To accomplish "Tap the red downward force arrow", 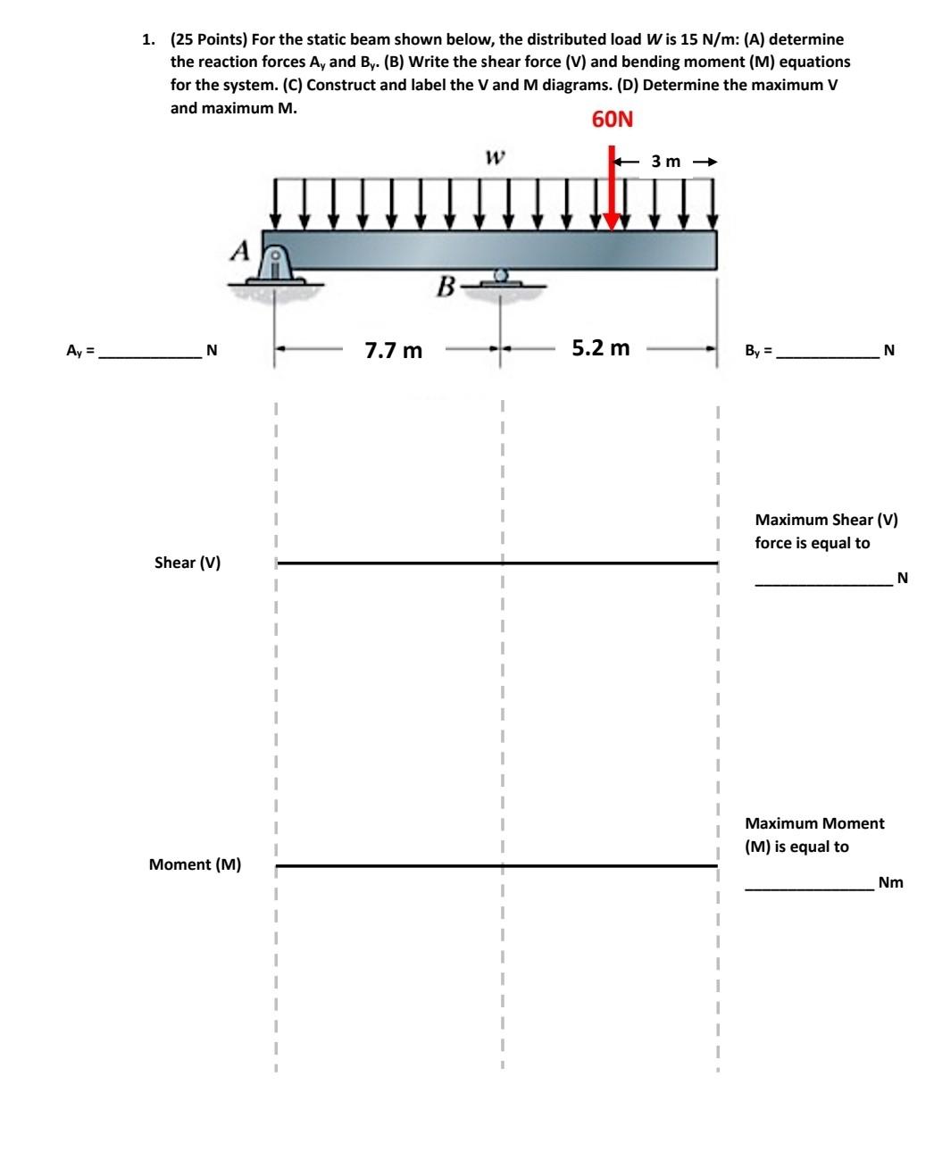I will [612, 192].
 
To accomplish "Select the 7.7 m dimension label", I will [394, 350].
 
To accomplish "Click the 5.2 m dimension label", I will [601, 347].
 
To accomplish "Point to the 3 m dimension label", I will [666, 162].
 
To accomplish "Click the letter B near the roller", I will [446, 287].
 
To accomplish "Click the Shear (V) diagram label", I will [188, 563].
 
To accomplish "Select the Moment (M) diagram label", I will [195, 864].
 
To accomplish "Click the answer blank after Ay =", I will [150, 354].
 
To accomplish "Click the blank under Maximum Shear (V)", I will [823, 581].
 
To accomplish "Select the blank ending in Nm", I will [809, 886].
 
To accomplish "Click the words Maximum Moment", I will [814, 823].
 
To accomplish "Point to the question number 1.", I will [146, 39].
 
